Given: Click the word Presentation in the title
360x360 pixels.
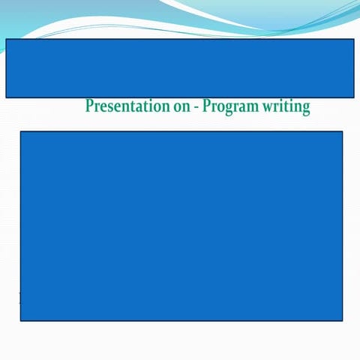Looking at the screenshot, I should pyautogui.click(x=127, y=106).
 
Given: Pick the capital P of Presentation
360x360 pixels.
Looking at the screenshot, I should pyautogui.click(x=89, y=106).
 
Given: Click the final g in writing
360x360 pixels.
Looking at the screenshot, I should pyautogui.click(x=305, y=109).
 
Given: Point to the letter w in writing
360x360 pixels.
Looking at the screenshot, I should pyautogui.click(x=267, y=107).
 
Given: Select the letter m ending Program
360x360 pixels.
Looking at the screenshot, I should pyautogui.click(x=253, y=107).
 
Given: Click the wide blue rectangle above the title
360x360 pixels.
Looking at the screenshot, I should pyautogui.click(x=180, y=67).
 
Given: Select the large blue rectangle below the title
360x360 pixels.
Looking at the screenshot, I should pyautogui.click(x=181, y=226).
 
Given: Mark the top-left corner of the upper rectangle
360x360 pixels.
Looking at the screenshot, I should pyautogui.click(x=6, y=39).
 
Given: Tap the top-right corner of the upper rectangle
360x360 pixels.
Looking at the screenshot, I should pyautogui.click(x=354, y=39).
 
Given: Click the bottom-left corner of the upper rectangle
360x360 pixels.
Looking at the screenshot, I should pyautogui.click(x=6, y=97).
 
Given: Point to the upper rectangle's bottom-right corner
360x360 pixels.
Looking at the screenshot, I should pyautogui.click(x=354, y=97).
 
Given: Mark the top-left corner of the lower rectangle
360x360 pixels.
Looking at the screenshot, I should pyautogui.click(x=20, y=132).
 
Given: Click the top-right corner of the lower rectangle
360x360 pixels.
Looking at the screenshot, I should pyautogui.click(x=343, y=132).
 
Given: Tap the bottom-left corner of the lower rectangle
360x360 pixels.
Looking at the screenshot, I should pyautogui.click(x=20, y=321).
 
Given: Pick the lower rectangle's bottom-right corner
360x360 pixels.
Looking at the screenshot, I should pyautogui.click(x=343, y=321).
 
